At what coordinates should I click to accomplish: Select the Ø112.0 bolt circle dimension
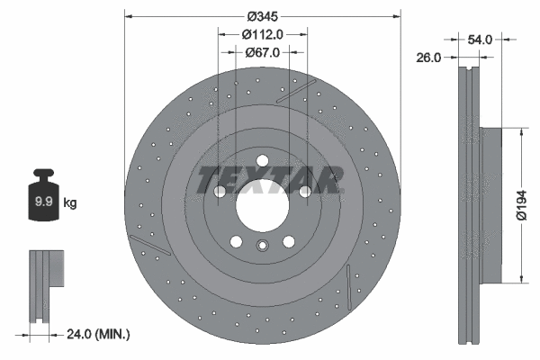point(262,34)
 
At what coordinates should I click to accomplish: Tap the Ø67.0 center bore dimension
point(262,52)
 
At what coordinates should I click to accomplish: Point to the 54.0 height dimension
point(480,39)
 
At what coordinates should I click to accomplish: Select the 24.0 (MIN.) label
point(98,335)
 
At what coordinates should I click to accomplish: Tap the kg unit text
point(70,203)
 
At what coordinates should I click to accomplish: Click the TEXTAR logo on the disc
point(270,179)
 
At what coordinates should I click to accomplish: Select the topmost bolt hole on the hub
point(262,162)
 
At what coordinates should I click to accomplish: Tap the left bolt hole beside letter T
point(220,192)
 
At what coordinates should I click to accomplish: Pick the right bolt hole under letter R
point(305,192)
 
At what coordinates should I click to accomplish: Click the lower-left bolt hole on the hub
point(236,241)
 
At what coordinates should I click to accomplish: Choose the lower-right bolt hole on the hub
point(289,241)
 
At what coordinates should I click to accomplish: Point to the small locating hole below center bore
point(262,249)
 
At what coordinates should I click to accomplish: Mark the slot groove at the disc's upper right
point(296,92)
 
